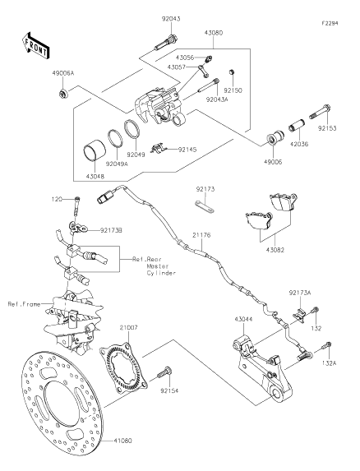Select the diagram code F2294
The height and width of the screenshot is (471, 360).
point(330,11)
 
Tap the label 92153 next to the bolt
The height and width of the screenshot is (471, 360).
point(327,128)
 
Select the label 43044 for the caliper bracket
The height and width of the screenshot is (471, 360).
point(243,318)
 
